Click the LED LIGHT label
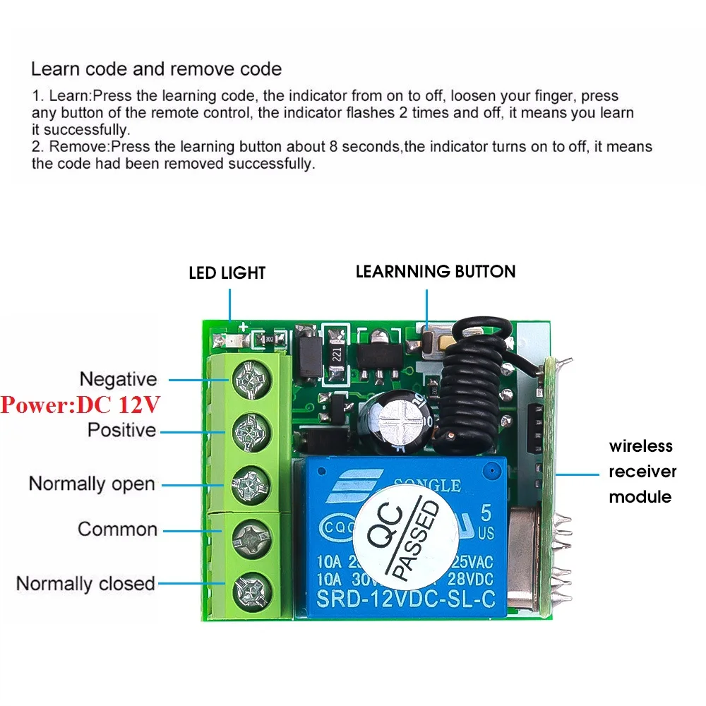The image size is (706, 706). click(x=227, y=273)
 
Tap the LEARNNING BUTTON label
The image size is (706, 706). click(x=435, y=271)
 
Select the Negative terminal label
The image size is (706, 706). click(x=118, y=379)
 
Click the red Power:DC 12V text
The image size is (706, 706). click(x=80, y=405)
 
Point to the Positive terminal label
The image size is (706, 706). click(x=121, y=429)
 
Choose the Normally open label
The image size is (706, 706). click(x=91, y=484)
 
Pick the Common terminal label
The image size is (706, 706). click(x=117, y=529)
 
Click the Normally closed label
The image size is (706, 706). click(x=85, y=584)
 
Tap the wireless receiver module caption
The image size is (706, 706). click(x=642, y=471)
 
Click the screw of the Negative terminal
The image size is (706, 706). click(x=250, y=379)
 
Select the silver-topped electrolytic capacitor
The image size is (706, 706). click(x=397, y=421)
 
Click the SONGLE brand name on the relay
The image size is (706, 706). click(x=426, y=485)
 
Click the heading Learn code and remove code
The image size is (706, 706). click(x=156, y=69)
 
